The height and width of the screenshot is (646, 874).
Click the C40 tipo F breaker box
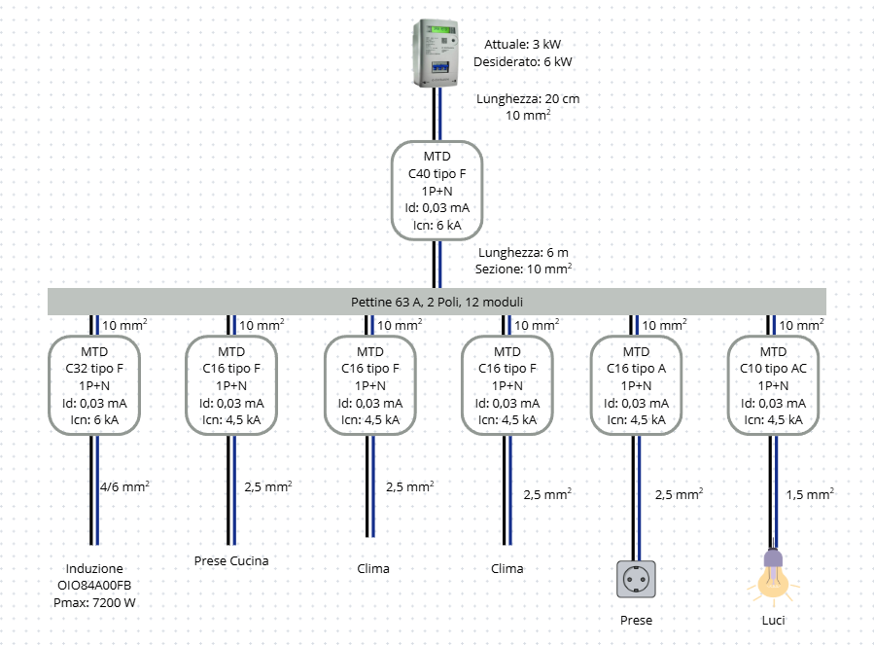(437, 191)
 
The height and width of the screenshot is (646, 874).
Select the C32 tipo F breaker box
(94, 385)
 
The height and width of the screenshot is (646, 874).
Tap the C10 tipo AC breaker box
(773, 385)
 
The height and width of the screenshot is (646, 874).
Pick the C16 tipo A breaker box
(636, 385)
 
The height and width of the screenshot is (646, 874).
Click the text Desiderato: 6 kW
(523, 62)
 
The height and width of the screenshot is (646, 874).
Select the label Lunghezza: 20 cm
(528, 99)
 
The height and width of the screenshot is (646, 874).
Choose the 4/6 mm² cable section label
(124, 487)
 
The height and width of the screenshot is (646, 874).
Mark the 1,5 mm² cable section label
(809, 494)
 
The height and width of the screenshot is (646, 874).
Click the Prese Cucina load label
(231, 560)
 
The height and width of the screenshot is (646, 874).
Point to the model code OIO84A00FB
(94, 586)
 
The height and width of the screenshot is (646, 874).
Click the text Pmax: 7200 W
(94, 603)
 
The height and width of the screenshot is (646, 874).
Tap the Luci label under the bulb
(773, 620)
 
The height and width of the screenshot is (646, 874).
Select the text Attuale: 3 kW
(523, 45)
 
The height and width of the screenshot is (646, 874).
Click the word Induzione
(94, 568)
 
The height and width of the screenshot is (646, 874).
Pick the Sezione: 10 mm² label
(523, 269)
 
